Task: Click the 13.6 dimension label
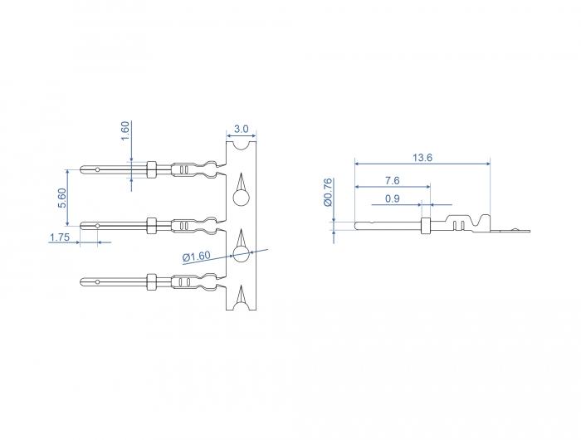point(422,158)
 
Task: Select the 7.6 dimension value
point(392,181)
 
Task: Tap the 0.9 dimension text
point(392,199)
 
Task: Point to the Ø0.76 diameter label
point(328,192)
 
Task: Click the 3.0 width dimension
point(242,129)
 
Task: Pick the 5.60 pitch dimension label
point(62,198)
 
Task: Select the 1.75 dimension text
point(60,237)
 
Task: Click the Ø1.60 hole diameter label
point(197,257)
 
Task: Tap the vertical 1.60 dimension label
point(125,130)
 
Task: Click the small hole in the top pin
point(97,169)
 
